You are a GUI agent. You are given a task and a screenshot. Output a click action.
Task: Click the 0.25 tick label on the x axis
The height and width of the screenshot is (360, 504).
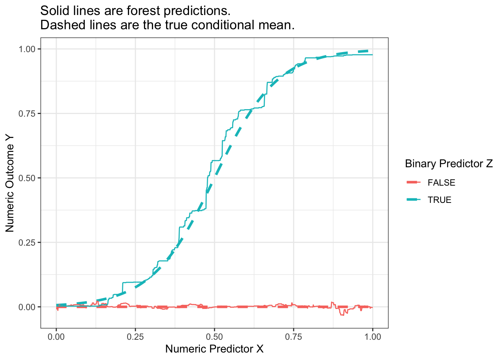pyautogui.click(x=135, y=337)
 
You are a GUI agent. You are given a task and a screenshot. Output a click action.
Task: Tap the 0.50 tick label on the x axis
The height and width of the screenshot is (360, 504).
pyautogui.click(x=214, y=337)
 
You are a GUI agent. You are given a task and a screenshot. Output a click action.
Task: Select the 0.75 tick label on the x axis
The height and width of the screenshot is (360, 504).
pyautogui.click(x=294, y=337)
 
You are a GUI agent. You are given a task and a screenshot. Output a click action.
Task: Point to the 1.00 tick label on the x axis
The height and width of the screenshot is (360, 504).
pyautogui.click(x=373, y=337)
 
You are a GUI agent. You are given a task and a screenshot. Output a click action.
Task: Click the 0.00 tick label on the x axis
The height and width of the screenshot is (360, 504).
pyautogui.click(x=56, y=337)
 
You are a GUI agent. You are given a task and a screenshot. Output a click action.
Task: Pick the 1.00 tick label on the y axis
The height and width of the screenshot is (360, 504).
pyautogui.click(x=27, y=49)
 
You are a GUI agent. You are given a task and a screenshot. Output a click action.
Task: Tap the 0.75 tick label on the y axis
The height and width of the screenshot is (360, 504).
pyautogui.click(x=27, y=114)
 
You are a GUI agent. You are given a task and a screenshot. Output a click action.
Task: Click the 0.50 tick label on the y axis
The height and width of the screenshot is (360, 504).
pyautogui.click(x=27, y=178)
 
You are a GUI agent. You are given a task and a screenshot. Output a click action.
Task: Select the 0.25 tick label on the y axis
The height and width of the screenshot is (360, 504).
pyautogui.click(x=27, y=243)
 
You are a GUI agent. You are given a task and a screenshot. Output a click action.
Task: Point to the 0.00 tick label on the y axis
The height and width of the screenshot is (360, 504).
pyautogui.click(x=27, y=307)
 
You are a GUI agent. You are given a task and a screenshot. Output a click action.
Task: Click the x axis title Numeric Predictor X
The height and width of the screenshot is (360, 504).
pyautogui.click(x=214, y=349)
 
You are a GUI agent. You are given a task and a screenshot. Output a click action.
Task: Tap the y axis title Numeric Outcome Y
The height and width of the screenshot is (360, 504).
pyautogui.click(x=10, y=183)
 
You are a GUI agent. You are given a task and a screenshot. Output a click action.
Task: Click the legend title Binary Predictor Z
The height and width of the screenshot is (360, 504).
pyautogui.click(x=449, y=164)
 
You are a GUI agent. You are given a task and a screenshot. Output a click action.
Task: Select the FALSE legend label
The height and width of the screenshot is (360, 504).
pyautogui.click(x=441, y=183)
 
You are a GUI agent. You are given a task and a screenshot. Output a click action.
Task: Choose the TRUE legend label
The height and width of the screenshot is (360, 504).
pyautogui.click(x=439, y=200)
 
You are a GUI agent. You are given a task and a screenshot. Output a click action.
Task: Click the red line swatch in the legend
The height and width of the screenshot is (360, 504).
pyautogui.click(x=414, y=183)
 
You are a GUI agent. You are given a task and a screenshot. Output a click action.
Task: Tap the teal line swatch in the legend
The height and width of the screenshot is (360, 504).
pyautogui.click(x=414, y=200)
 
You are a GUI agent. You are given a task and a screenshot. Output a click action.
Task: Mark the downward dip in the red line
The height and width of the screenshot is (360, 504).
pyautogui.click(x=342, y=313)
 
